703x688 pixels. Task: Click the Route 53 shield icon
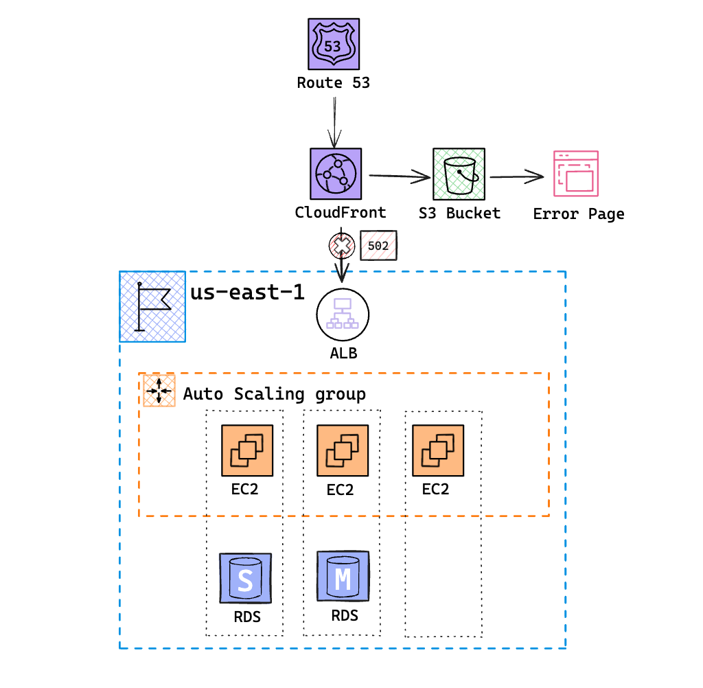pos(333,44)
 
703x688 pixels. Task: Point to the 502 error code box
pos(378,245)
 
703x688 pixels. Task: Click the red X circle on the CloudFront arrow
pos(341,244)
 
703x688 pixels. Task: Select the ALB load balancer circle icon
pos(343,315)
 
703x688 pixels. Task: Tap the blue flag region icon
pos(152,306)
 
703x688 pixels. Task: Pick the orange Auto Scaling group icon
pos(159,391)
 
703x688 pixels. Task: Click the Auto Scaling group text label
pos(274,394)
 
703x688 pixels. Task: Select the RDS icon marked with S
pos(245,579)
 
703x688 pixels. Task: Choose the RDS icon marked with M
pos(342,577)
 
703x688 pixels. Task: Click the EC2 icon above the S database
pos(246,450)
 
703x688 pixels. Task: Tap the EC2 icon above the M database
pos(342,450)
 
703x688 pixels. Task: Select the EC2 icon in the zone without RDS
pos(437,450)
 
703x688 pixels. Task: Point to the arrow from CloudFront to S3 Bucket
pos(398,178)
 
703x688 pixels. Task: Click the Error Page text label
pos(579,214)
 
